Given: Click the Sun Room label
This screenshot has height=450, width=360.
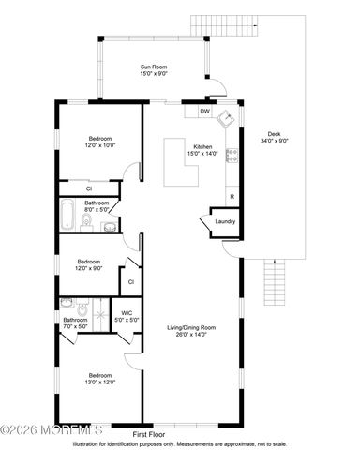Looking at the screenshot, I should (154, 70).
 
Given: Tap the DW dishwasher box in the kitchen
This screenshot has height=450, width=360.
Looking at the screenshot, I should (204, 112).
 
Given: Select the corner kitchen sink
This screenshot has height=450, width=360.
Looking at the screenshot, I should (225, 119).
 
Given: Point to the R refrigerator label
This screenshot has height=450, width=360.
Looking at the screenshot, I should (231, 196).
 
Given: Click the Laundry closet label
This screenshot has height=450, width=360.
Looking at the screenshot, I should (225, 221).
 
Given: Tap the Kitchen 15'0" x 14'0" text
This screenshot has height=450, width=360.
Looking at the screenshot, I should (203, 151).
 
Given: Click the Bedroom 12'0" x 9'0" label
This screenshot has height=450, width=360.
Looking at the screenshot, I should (89, 264).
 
